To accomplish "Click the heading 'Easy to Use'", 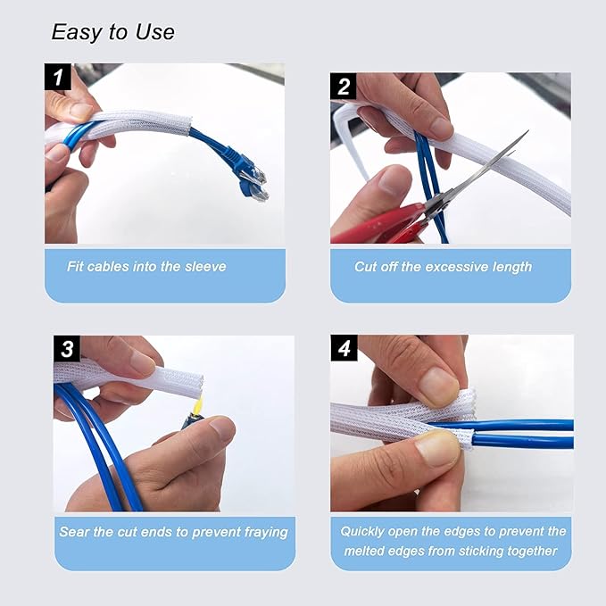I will pos(112,32).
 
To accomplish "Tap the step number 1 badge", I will pos(58,77).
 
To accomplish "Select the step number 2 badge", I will pos(344,87).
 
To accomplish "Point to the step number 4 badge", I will pos(344,348).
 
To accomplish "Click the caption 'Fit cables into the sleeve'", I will pos(146,266).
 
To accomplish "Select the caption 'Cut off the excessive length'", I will pos(443,266).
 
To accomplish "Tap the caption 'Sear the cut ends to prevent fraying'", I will pos(173,532).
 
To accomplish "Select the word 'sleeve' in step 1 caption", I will pos(205,266).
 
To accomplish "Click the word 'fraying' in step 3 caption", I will pos(263,532).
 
